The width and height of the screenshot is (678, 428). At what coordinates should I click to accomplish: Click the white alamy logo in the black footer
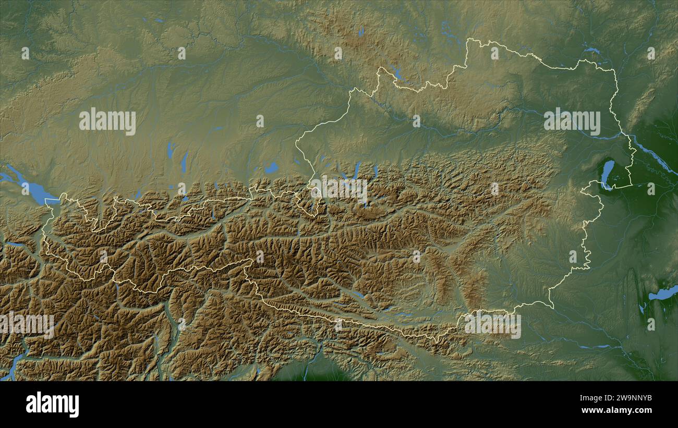(x=52, y=405)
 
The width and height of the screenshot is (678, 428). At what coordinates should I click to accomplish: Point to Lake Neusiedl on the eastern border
(x=607, y=172)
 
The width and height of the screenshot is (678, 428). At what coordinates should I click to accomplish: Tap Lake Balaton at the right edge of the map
(x=662, y=294)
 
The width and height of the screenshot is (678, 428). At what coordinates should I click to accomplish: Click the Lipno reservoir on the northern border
(x=397, y=74)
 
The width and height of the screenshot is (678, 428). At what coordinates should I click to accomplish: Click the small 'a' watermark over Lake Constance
(x=26, y=187)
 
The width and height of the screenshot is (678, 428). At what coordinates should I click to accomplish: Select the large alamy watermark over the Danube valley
(x=572, y=121)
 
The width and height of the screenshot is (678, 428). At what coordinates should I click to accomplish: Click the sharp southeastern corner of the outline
(x=552, y=308)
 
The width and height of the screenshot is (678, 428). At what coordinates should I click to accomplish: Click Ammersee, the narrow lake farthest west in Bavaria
(x=170, y=150)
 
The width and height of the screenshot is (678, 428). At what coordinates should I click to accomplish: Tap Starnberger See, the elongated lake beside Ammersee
(x=184, y=162)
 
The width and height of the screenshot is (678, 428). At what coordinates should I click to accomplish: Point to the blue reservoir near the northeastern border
(x=591, y=51)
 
